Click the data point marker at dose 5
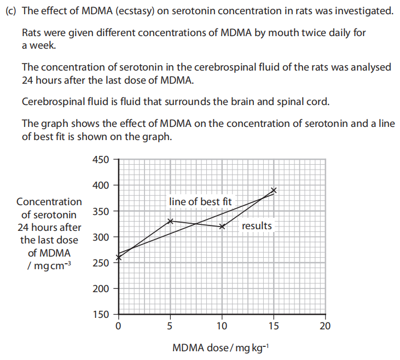[x=170, y=221]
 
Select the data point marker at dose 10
[x=222, y=227]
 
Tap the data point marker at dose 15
[x=274, y=190]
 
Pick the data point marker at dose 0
[x=119, y=257]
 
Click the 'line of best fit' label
[x=200, y=202]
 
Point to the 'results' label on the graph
[x=257, y=226]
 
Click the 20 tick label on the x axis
[x=326, y=327]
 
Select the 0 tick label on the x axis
[x=118, y=327]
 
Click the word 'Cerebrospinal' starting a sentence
[x=50, y=102]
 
